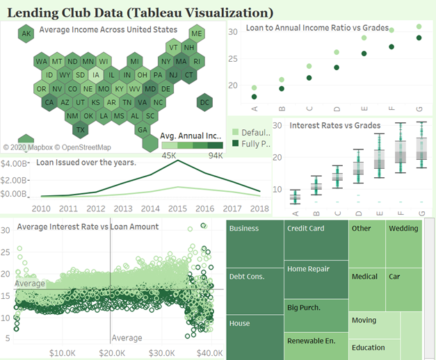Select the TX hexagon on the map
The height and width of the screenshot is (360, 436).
click(81, 129)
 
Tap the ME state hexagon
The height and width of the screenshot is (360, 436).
click(197, 33)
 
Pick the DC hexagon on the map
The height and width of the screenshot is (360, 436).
click(204, 103)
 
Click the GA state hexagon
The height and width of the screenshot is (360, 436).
click(143, 129)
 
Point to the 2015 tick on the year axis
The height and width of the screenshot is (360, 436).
click(177, 208)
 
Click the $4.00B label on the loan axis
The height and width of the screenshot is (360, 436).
click(17, 164)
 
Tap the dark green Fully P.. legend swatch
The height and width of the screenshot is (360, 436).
click(235, 144)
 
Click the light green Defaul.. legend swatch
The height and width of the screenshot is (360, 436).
click(235, 132)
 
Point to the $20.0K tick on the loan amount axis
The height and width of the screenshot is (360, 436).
click(112, 352)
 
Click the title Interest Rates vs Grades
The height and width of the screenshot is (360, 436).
click(334, 126)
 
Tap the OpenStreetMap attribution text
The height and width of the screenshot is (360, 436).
click(76, 147)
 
